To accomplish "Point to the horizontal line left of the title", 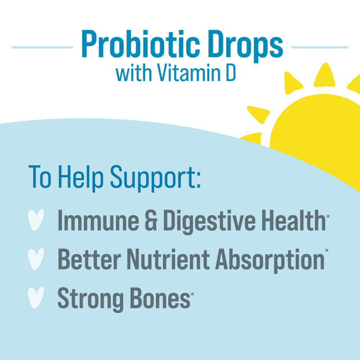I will (x=42, y=47).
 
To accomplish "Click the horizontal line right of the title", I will (x=319, y=47).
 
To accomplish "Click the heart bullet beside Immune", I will (x=36, y=221).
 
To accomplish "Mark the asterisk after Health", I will (x=328, y=214).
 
